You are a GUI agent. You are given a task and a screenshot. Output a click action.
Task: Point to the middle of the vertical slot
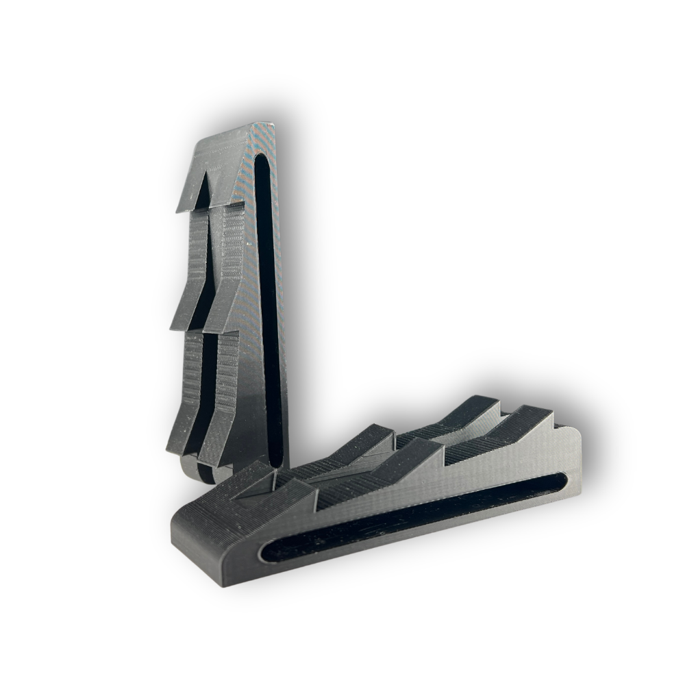coord(269,308)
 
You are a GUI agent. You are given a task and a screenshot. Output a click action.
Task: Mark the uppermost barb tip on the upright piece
coord(179,209)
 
